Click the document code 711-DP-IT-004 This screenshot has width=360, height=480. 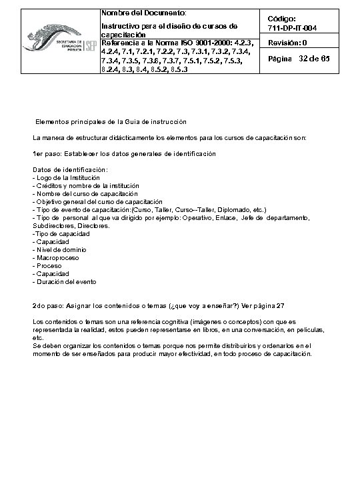coord(297,27)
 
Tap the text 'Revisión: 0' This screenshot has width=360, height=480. coord(287,43)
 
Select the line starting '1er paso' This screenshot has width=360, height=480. coord(124,154)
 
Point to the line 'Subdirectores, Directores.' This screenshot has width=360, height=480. coord(71,225)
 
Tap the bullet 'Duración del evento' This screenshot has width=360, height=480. coord(65,281)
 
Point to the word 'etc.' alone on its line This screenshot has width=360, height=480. coord(38,337)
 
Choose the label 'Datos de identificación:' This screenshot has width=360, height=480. coord(70,170)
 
